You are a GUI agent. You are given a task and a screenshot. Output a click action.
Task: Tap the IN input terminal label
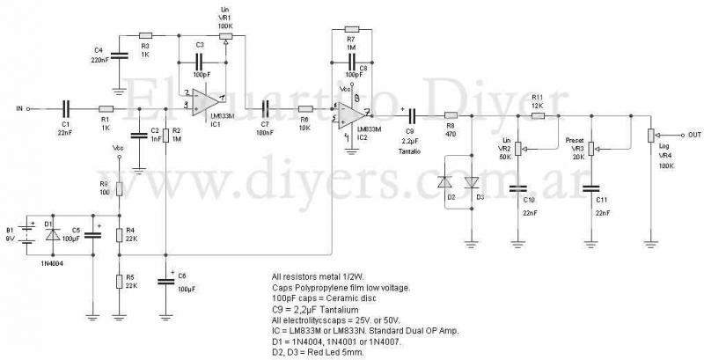pos(19,109)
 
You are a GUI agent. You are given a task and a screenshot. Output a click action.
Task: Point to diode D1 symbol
pos(53,236)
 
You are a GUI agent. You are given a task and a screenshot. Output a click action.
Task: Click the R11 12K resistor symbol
pos(538,114)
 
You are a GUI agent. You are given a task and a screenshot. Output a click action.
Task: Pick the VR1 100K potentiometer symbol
pos(225,38)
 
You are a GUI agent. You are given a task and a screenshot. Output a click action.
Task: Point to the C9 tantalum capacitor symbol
pos(407,114)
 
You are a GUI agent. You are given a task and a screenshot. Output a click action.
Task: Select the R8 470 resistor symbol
pos(450,114)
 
